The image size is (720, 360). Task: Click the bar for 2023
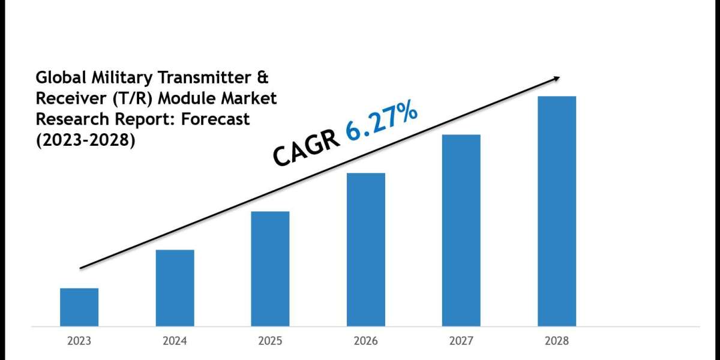tap(79, 307)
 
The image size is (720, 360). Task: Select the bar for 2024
tap(175, 287)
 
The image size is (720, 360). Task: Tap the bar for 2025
tap(270, 268)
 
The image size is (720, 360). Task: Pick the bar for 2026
tap(365, 249)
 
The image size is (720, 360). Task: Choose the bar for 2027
tap(461, 230)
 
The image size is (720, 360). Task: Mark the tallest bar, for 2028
tap(557, 211)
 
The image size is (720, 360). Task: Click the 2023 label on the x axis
tap(79, 341)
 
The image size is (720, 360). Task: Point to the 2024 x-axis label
tap(175, 341)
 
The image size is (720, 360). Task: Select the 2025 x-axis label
tap(270, 341)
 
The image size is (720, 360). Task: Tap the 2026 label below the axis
tap(365, 341)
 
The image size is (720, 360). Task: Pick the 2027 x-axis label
tap(461, 341)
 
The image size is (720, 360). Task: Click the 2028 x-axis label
tap(557, 341)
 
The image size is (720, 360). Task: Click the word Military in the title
tap(113, 77)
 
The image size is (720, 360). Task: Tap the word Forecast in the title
tap(217, 119)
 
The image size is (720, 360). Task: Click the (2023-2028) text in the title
tap(85, 140)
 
